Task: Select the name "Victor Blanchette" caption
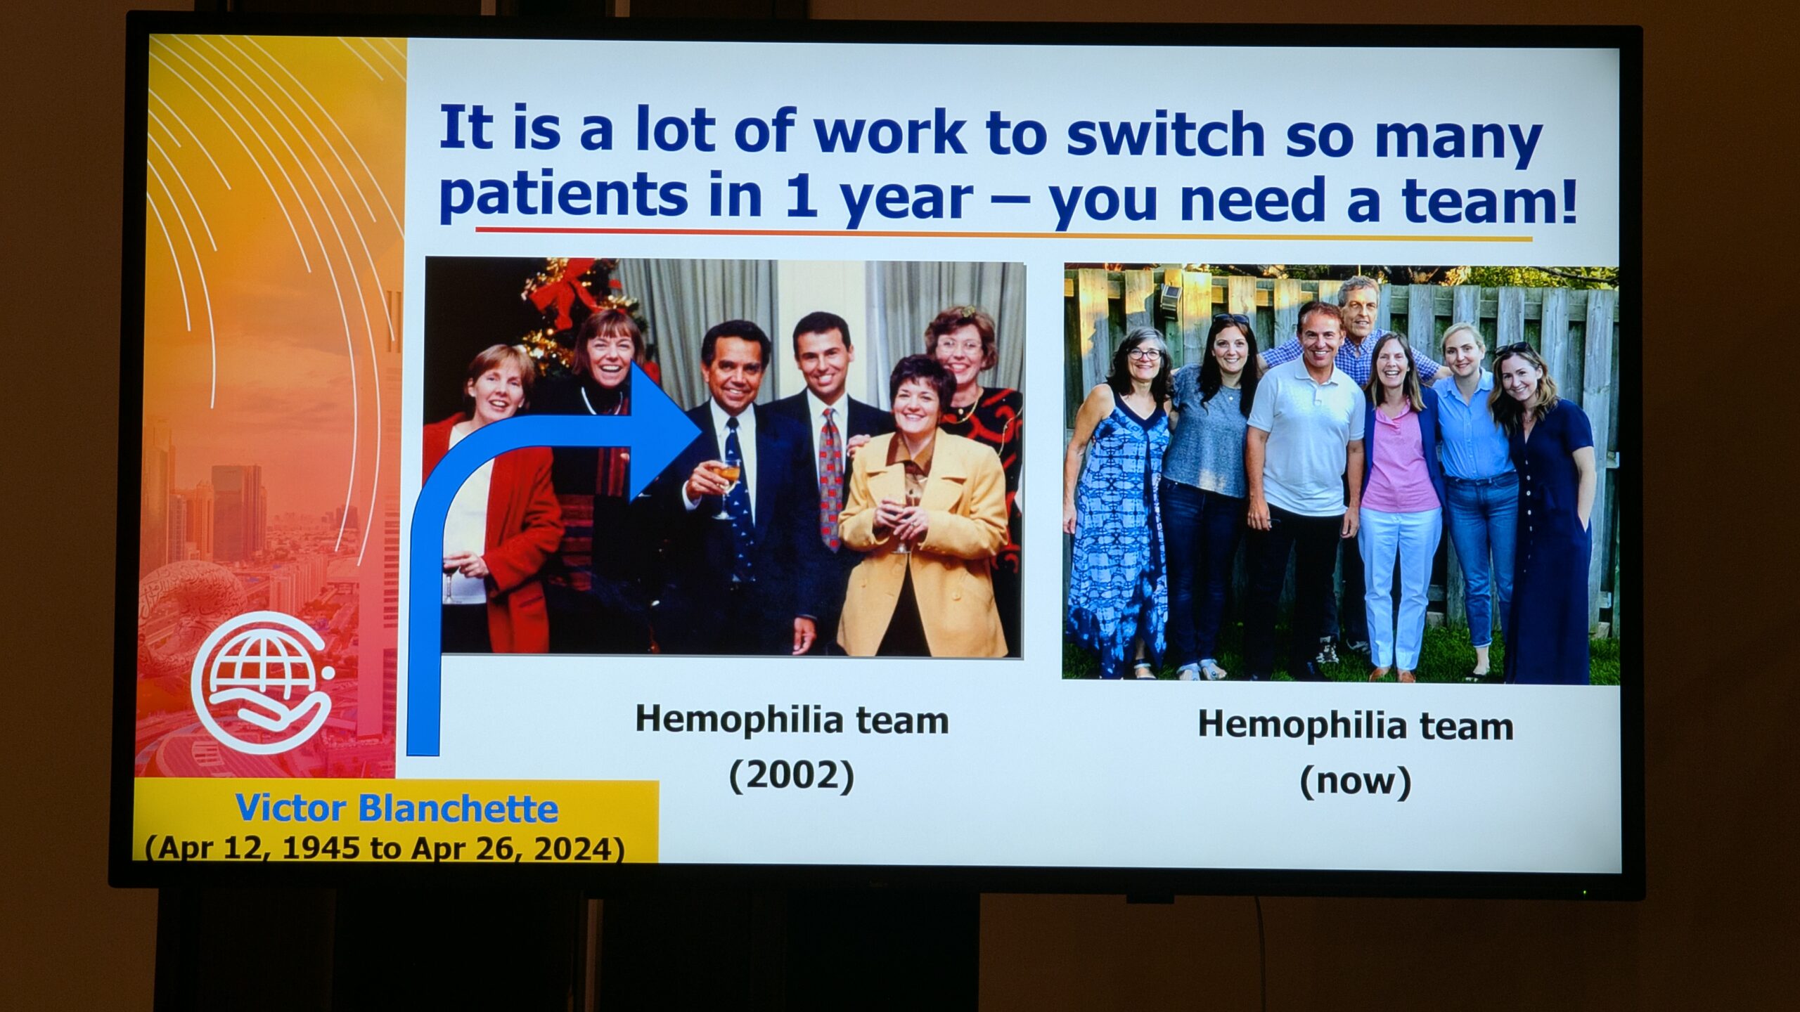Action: point(397,808)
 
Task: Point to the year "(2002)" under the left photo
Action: point(792,776)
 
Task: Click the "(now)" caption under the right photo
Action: point(1356,781)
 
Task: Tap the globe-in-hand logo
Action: point(262,682)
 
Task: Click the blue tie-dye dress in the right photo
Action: point(1115,534)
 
